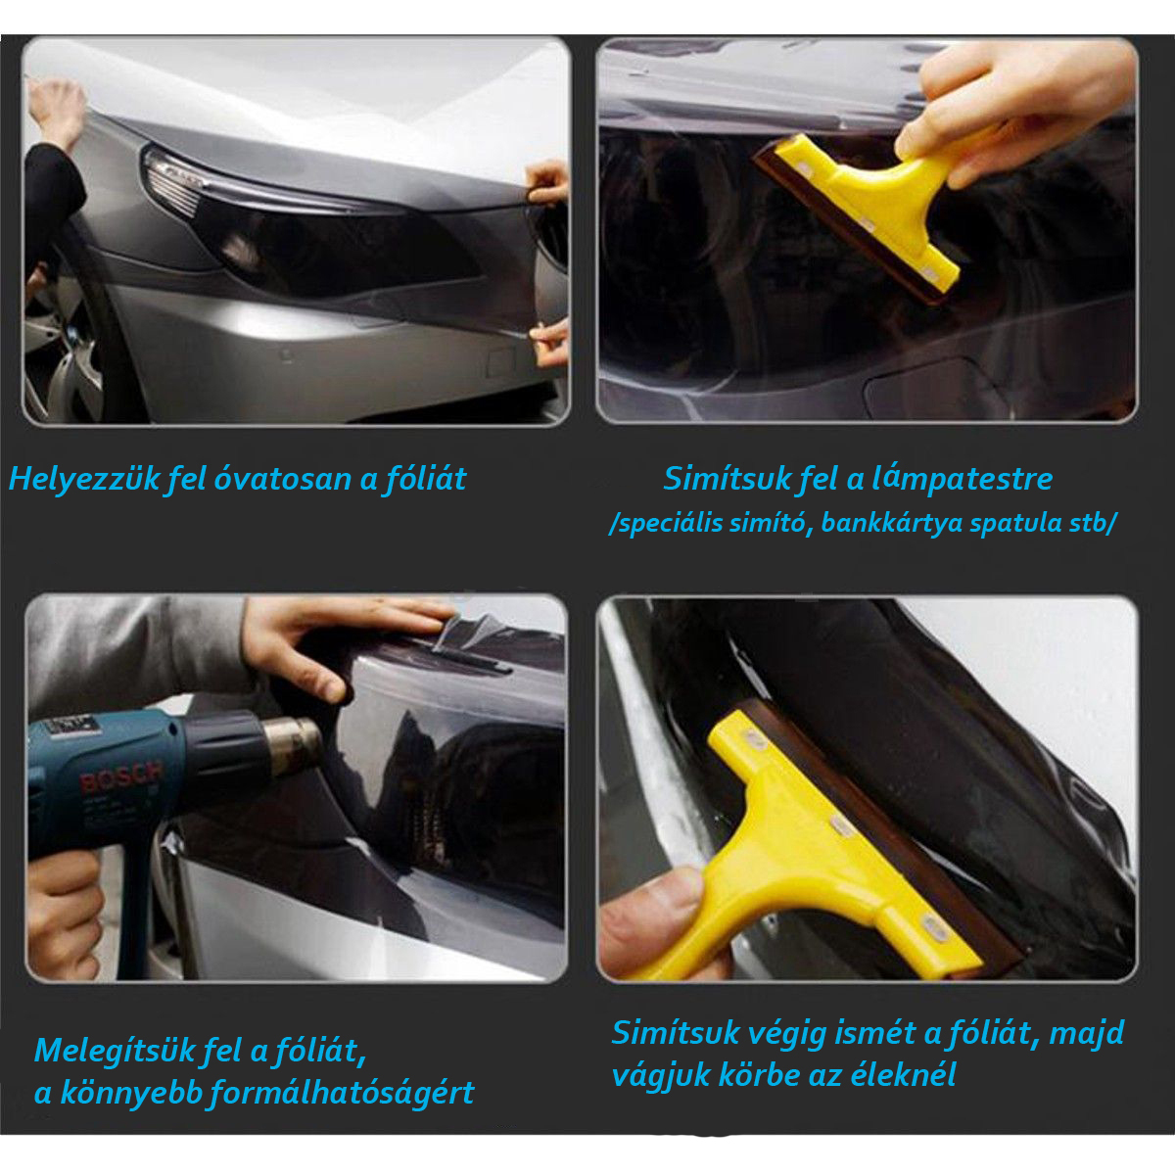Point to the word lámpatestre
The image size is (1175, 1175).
click(962, 478)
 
